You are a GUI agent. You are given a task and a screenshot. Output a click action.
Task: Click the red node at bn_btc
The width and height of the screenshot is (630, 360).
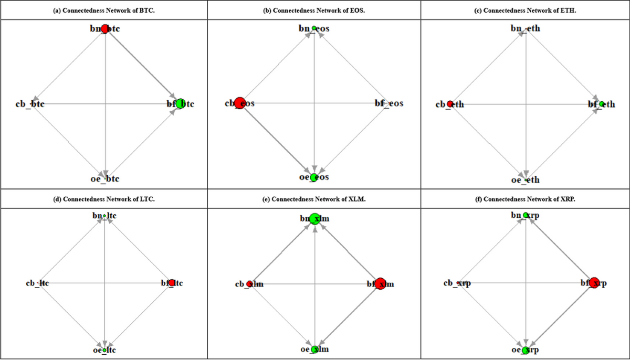[105, 29]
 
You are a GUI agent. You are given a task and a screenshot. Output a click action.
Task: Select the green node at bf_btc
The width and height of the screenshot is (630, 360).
[181, 104]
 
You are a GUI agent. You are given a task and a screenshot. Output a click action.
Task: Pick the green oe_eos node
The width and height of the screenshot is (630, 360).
[314, 177]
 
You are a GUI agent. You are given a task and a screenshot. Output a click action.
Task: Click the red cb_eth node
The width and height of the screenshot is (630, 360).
[450, 104]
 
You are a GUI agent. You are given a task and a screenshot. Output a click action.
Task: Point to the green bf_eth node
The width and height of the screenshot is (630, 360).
[602, 104]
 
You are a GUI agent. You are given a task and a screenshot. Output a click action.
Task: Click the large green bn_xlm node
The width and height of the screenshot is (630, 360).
[314, 219]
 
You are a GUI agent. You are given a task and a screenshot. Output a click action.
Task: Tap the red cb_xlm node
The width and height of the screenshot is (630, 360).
[249, 284]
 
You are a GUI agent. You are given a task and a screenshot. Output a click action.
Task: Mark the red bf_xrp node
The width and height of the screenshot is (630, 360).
[594, 283]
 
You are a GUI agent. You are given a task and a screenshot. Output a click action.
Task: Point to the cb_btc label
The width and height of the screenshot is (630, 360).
[30, 104]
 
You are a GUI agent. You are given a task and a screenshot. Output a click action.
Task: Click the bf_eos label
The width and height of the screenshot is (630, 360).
[388, 103]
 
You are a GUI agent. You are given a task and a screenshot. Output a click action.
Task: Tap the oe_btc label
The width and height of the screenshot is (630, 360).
[105, 179]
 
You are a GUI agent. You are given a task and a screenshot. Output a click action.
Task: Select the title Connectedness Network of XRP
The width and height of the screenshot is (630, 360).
[526, 199]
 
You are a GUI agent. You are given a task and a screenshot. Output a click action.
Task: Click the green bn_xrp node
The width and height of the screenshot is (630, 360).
[526, 215]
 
